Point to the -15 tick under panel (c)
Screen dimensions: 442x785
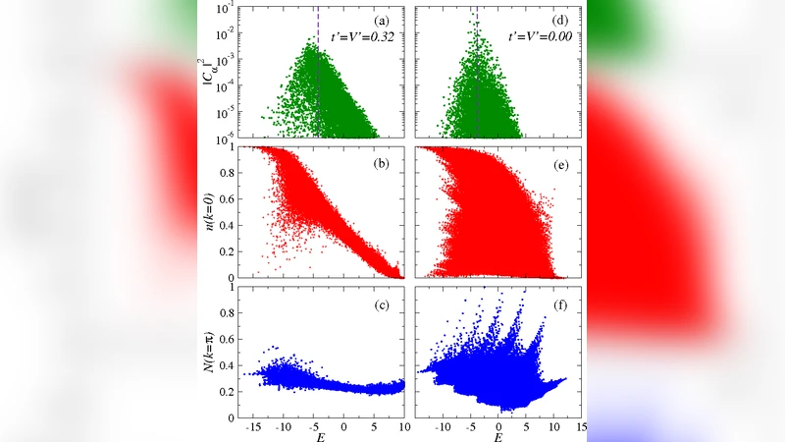click(x=254, y=429)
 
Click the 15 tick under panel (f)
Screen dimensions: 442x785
click(x=581, y=429)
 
